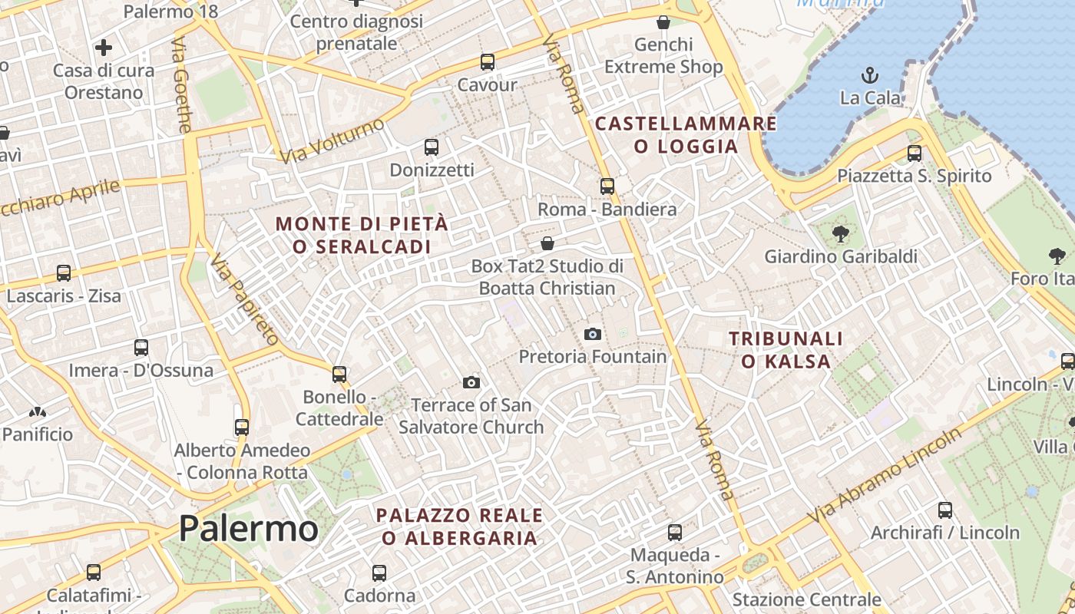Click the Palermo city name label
(x=248, y=529)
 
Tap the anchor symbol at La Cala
(x=869, y=74)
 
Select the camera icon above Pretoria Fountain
(x=592, y=334)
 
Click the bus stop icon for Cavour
(x=487, y=62)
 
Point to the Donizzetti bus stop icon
(x=432, y=147)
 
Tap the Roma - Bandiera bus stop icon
(x=607, y=186)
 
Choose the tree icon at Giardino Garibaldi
(x=841, y=233)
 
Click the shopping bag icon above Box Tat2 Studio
(x=547, y=243)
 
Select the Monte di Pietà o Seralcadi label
(x=362, y=236)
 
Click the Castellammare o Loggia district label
(x=686, y=134)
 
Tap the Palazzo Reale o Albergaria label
(x=459, y=527)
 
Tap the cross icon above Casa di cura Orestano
(x=104, y=48)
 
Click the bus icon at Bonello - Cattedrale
(x=339, y=375)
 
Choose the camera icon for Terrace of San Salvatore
(x=471, y=382)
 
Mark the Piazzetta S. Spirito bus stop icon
(x=914, y=153)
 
